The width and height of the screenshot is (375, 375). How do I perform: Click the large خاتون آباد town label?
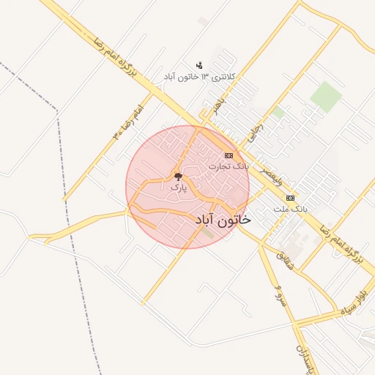[223, 219]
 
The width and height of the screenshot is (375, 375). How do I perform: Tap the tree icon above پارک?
[178, 177]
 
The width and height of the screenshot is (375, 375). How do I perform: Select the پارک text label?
[178, 188]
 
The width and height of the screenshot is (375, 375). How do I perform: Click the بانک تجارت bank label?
[229, 167]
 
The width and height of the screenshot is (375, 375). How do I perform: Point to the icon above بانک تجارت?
[229, 155]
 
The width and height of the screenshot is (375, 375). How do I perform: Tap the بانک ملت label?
[291, 209]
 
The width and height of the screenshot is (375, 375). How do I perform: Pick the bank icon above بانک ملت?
[291, 198]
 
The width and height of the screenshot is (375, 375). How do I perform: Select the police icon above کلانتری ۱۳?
[199, 65]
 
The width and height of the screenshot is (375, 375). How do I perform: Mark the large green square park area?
[325, 97]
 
